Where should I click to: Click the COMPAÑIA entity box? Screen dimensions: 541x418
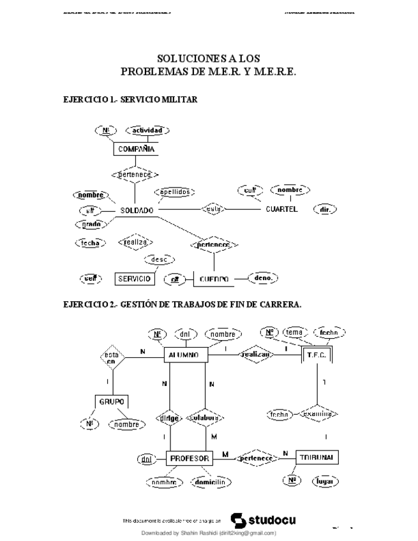click(x=135, y=149)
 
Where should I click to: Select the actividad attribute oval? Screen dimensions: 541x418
click(x=147, y=130)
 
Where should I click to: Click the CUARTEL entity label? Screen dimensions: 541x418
click(x=281, y=209)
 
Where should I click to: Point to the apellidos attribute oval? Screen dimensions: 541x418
click(x=174, y=191)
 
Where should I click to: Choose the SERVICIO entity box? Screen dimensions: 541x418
click(x=135, y=279)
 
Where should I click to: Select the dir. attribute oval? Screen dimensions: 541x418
click(x=325, y=209)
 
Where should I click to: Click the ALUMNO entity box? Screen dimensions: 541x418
click(x=185, y=355)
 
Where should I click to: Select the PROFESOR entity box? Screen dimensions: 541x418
click(x=190, y=458)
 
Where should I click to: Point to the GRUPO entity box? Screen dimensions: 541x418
click(x=112, y=401)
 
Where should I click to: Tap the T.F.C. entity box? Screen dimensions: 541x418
click(x=317, y=355)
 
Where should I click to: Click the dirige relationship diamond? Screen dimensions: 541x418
click(x=168, y=419)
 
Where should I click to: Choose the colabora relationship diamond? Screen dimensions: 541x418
click(x=205, y=419)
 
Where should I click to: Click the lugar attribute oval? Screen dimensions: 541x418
click(x=325, y=481)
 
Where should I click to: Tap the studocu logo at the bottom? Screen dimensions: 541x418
click(x=262, y=519)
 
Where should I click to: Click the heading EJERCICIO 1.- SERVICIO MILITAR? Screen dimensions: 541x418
click(x=130, y=100)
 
